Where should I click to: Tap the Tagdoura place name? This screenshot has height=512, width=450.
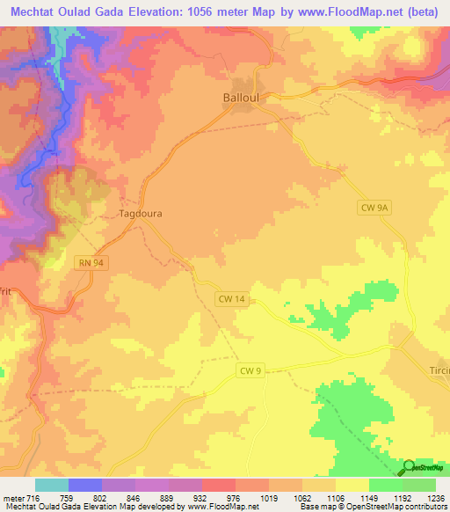140,213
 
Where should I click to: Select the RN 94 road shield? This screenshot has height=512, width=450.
89,263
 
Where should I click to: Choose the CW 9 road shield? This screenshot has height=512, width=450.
250,371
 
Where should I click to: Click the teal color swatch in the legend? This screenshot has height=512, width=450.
52,485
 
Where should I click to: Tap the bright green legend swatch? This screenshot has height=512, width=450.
385,485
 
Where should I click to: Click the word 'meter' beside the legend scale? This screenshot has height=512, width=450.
12,497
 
